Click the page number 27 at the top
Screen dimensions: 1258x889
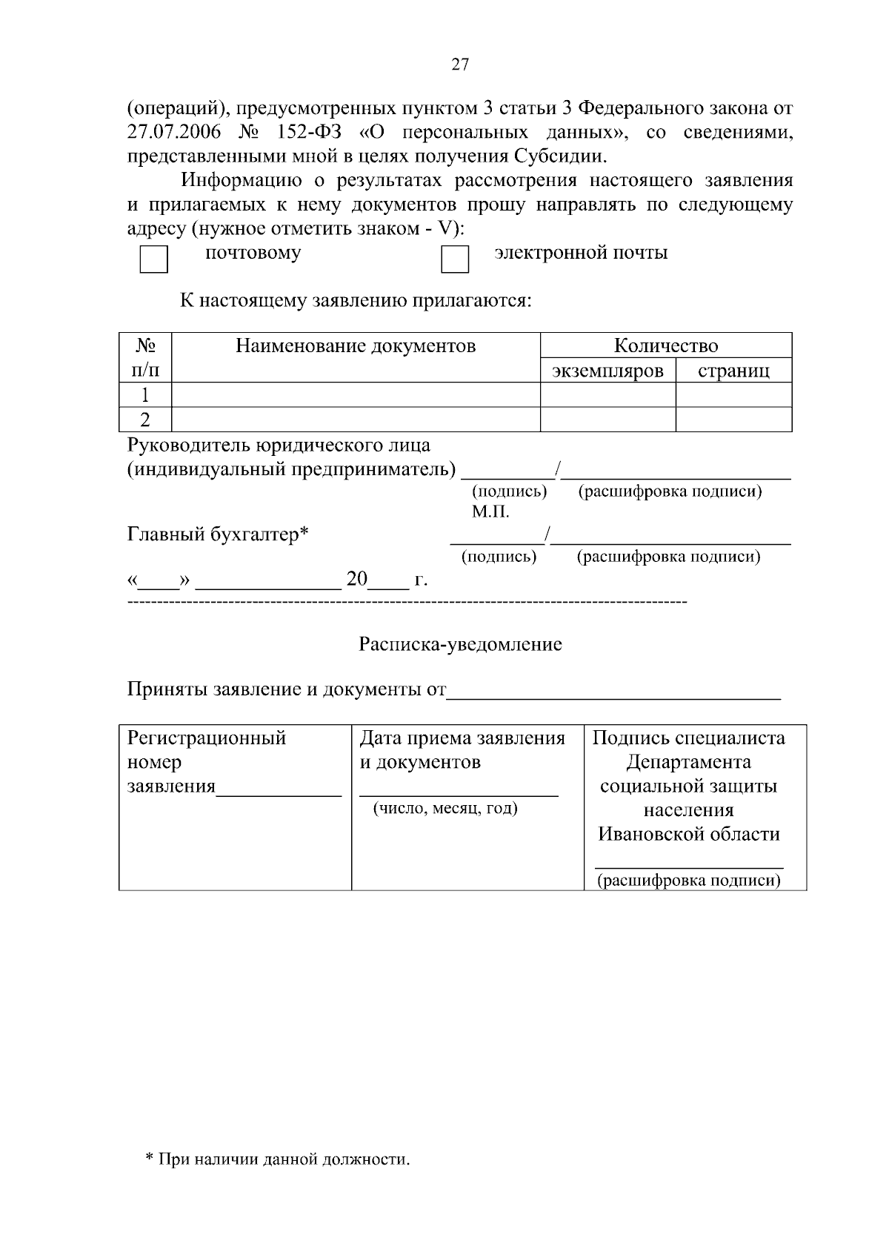[x=459, y=65]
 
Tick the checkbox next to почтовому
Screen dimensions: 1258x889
[x=154, y=259]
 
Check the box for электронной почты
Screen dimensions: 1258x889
[x=455, y=259]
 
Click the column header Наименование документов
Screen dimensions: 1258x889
[x=356, y=346]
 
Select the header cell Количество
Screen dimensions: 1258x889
[x=665, y=346]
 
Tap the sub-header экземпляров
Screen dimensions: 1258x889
[x=607, y=371]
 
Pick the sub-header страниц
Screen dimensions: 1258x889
[x=733, y=371]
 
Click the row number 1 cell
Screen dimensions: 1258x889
[x=145, y=395]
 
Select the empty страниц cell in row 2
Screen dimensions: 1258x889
[x=733, y=420]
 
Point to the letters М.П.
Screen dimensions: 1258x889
[x=490, y=512]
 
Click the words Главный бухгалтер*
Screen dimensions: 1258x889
[x=218, y=534]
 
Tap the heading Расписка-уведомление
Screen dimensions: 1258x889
[x=460, y=644]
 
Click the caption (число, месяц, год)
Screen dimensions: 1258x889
[x=445, y=808]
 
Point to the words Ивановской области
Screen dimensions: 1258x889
[x=688, y=834]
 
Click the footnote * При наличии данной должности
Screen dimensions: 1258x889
[x=277, y=1159]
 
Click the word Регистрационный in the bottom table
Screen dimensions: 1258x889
[x=207, y=738]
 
